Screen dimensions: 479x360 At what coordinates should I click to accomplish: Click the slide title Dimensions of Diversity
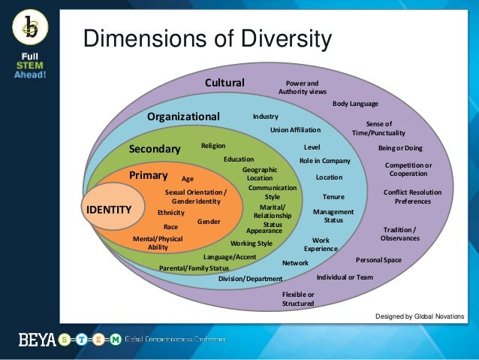click(x=206, y=38)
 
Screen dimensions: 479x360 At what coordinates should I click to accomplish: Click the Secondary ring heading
click(x=155, y=149)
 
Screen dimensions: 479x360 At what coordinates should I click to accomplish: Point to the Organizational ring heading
click(x=183, y=116)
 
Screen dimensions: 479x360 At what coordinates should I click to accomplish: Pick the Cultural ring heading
click(x=224, y=82)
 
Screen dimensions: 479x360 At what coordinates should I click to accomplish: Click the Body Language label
click(x=355, y=104)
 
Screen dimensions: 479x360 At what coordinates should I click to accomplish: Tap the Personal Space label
click(x=378, y=259)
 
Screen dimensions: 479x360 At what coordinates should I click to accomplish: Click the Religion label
click(x=213, y=146)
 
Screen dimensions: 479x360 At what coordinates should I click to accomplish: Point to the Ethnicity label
click(x=171, y=213)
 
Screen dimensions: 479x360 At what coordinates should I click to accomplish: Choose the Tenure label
click(x=333, y=197)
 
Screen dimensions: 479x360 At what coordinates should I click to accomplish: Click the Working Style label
click(x=252, y=244)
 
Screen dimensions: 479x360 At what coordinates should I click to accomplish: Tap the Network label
click(x=295, y=263)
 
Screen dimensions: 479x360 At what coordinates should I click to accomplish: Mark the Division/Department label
click(x=251, y=279)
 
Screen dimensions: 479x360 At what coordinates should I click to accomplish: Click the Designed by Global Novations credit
click(x=420, y=316)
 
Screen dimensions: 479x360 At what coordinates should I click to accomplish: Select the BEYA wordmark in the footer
click(x=37, y=340)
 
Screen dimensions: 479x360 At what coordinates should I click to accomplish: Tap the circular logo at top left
click(x=29, y=29)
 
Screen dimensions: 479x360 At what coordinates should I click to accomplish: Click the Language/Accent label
click(x=230, y=257)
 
